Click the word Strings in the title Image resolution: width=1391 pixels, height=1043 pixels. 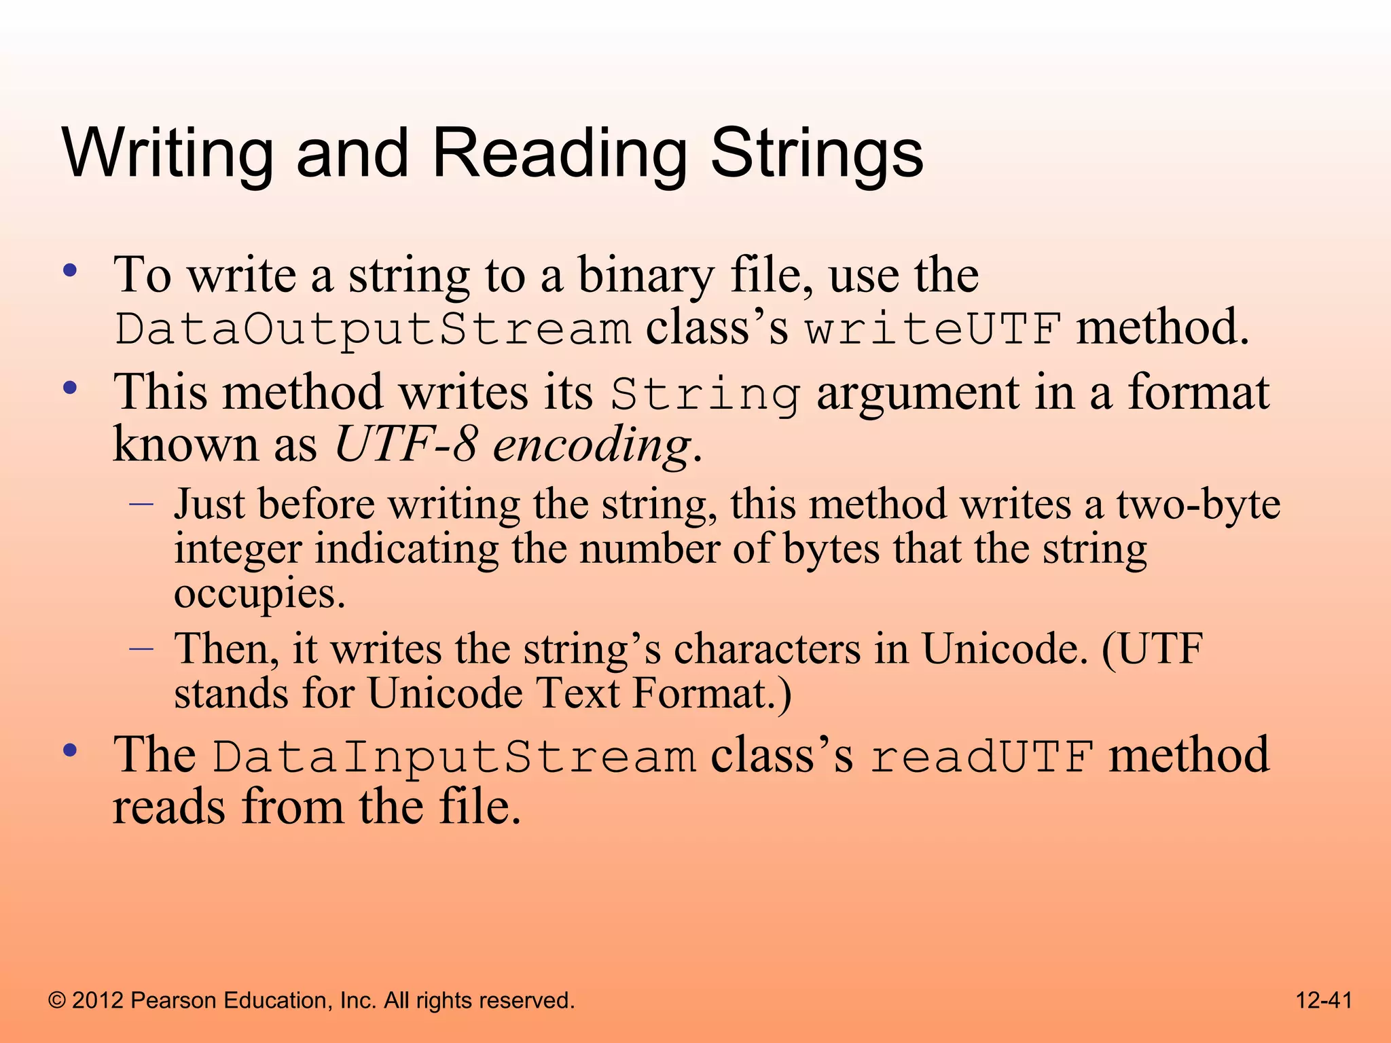pos(816,155)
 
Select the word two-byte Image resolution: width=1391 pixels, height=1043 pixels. pos(1198,505)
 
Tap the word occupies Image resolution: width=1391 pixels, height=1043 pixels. pos(259,593)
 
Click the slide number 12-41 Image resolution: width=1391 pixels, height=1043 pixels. pos(1324,1000)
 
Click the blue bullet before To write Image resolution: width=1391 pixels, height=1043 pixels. pos(70,272)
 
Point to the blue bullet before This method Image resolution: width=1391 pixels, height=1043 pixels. pos(70,389)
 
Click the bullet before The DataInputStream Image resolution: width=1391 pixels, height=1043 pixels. pos(70,751)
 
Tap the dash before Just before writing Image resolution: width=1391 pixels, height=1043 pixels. pos(141,505)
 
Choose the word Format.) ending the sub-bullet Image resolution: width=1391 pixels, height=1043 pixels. pos(712,694)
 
